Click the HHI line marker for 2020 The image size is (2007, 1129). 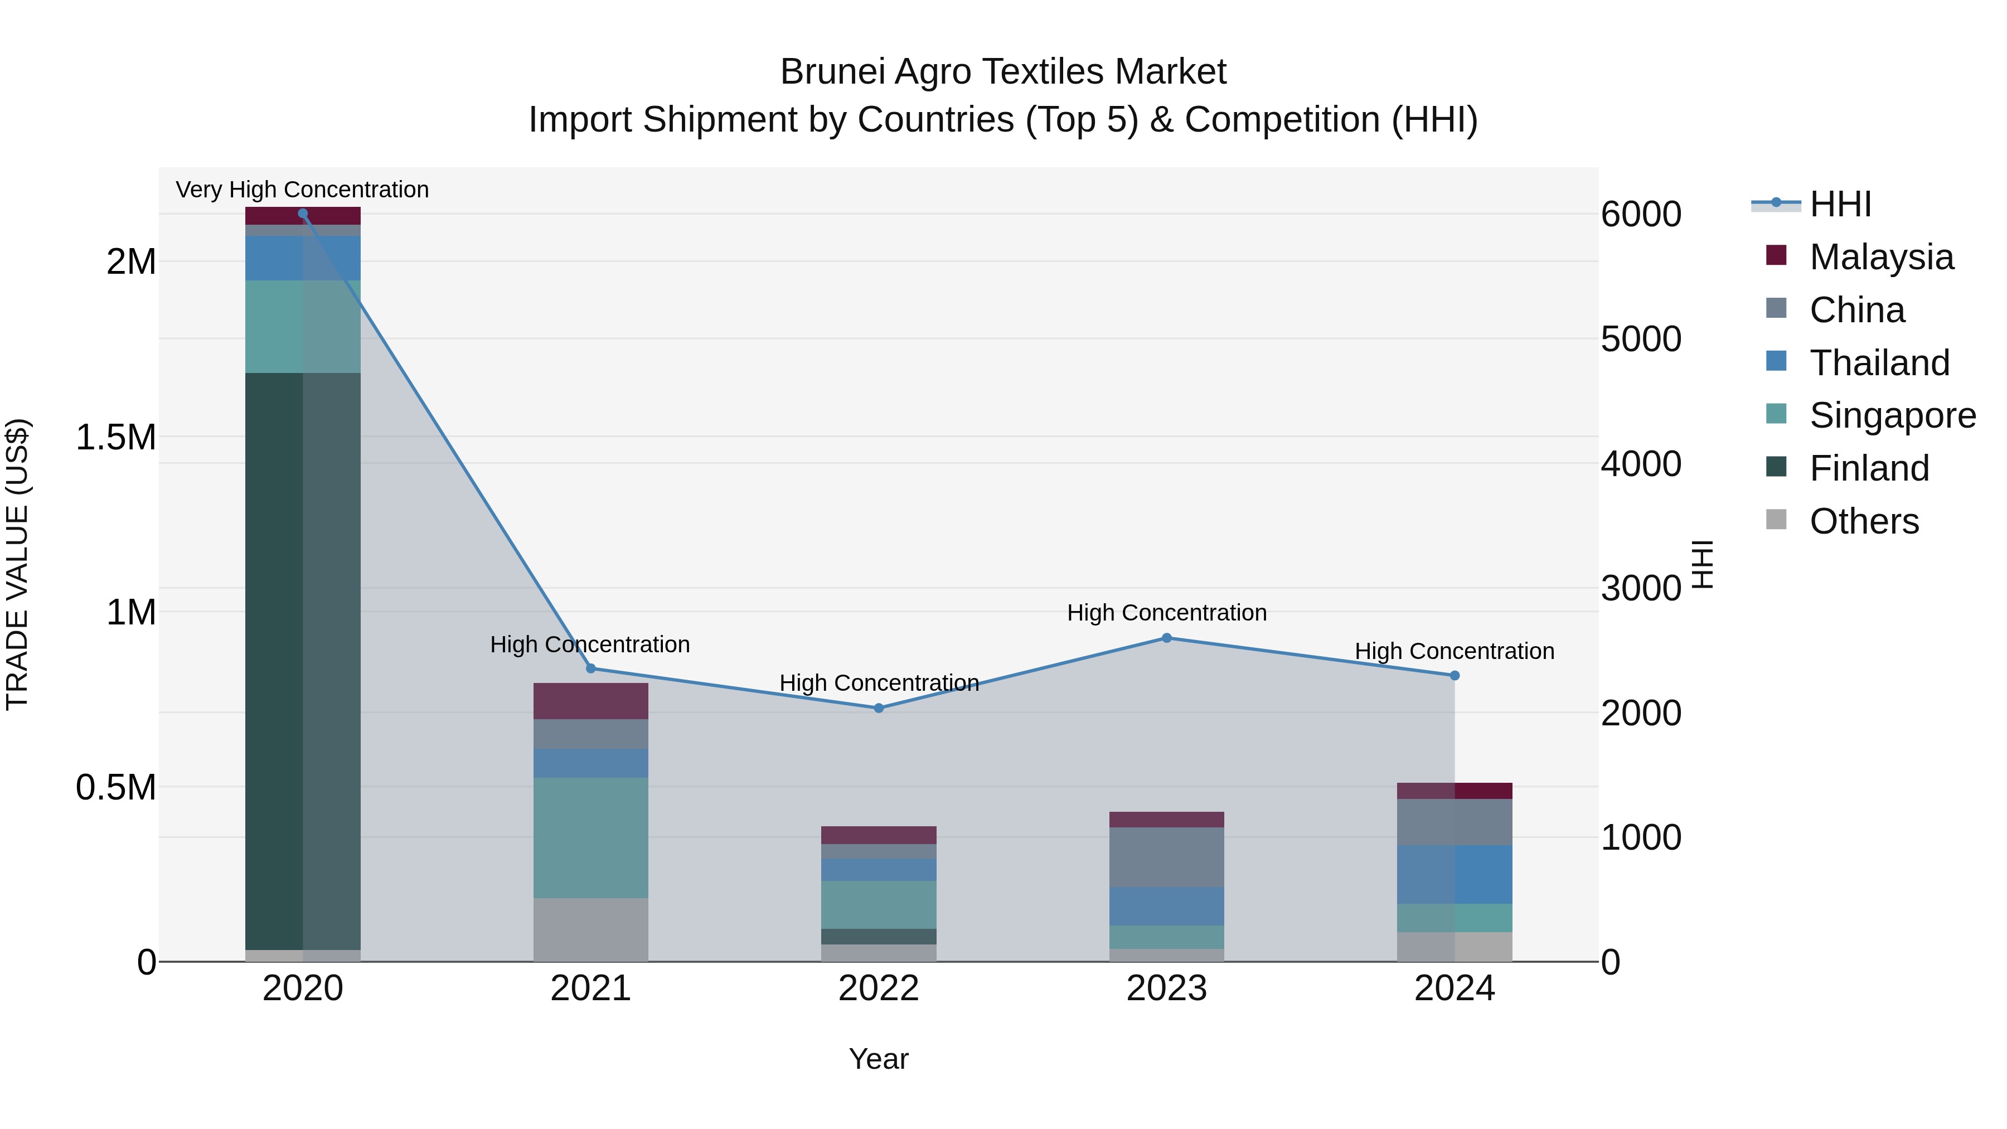(303, 214)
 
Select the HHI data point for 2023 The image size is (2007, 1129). (1166, 638)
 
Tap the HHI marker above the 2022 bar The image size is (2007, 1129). (879, 708)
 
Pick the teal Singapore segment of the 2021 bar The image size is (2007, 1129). (590, 837)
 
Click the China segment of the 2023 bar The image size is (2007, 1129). (1166, 857)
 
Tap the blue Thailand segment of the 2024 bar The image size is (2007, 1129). (1455, 874)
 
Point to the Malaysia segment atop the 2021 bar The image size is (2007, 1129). (590, 701)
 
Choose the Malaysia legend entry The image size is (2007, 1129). (1881, 257)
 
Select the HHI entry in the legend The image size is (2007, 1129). (1840, 204)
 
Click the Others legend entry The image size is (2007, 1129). (1864, 521)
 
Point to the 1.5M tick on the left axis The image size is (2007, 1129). (115, 437)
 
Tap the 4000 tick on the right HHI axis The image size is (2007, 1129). (1641, 464)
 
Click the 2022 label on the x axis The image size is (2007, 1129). (879, 989)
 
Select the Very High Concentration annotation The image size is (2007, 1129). (302, 190)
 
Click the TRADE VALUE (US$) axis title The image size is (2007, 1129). (17, 564)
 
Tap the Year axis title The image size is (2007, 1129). (878, 1059)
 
